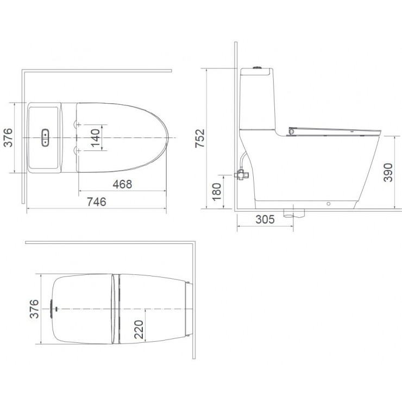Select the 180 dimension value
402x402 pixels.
coord(217,192)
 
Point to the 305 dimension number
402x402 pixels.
coord(263,220)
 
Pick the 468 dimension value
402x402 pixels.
coord(122,184)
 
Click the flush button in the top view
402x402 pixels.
coord(46,137)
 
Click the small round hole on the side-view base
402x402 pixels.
coord(328,204)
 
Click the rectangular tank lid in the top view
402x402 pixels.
coord(43,137)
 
